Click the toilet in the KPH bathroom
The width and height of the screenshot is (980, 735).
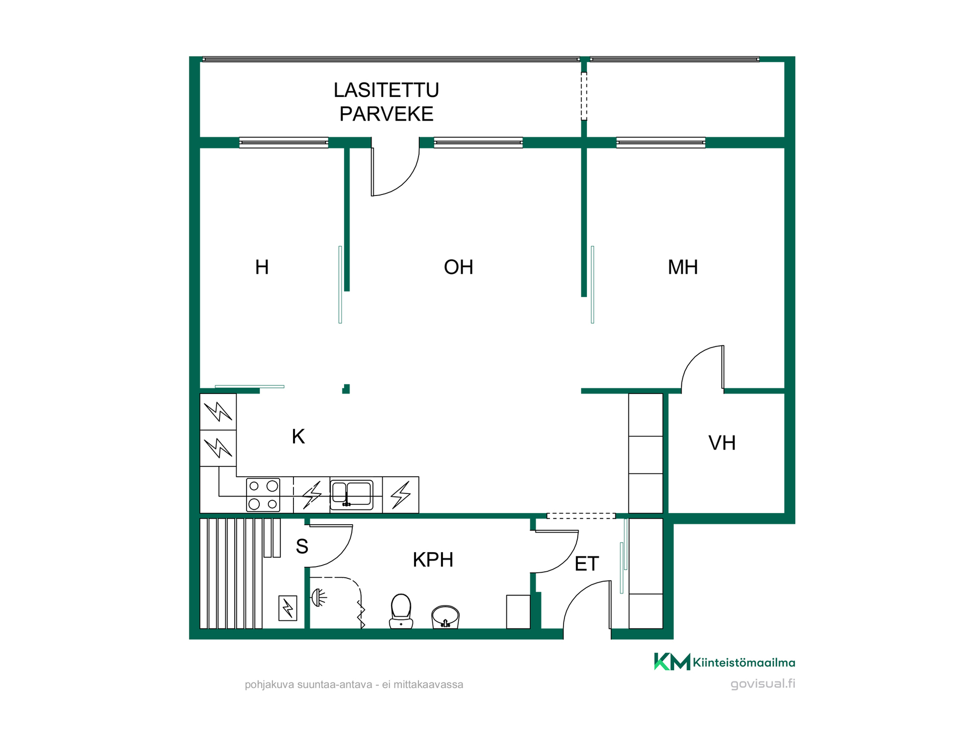401,611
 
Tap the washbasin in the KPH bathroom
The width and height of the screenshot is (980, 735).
445,617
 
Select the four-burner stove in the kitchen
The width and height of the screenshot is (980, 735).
263,495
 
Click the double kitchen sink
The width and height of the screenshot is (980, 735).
352,495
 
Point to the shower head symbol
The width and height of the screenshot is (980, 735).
318,597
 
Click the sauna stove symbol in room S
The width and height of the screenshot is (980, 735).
288,608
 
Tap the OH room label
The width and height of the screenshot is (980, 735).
458,267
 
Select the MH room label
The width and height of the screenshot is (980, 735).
682,267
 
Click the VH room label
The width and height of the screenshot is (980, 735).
722,443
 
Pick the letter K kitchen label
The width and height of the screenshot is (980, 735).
298,436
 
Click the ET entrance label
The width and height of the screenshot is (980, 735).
586,563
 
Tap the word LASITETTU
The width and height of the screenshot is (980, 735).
386,90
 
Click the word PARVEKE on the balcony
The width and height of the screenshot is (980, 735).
386,114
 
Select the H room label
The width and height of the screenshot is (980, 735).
262,267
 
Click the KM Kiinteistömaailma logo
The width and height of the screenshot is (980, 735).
724,662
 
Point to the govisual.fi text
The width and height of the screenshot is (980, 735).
763,684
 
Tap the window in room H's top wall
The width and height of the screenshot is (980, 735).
284,142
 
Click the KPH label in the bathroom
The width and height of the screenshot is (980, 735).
433,560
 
